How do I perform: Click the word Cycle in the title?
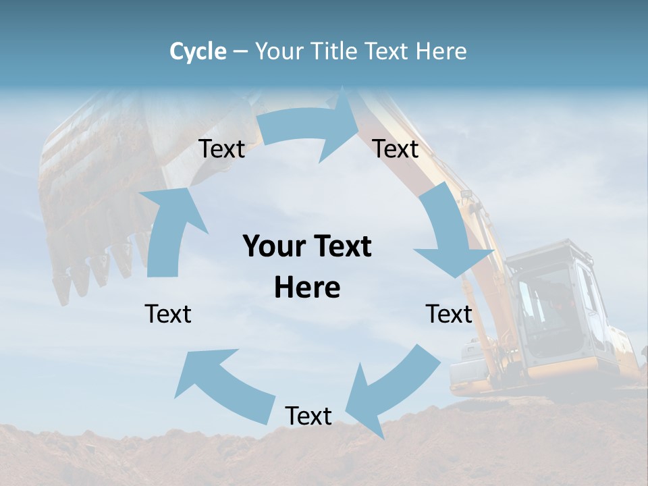click(x=198, y=51)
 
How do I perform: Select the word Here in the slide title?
click(x=441, y=51)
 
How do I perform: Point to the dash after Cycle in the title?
click(x=240, y=52)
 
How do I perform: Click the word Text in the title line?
click(x=389, y=51)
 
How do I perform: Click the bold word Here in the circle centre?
click(x=307, y=288)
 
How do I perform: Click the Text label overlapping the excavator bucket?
click(x=221, y=148)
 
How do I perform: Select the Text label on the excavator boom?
click(x=396, y=148)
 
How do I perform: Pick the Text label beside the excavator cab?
click(x=449, y=314)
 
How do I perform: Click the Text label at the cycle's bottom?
click(x=308, y=416)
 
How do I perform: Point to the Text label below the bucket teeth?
click(x=168, y=314)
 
